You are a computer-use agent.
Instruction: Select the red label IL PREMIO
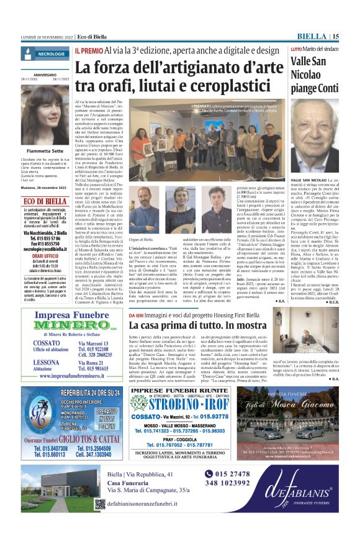88,49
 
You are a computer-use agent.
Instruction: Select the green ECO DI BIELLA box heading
47,201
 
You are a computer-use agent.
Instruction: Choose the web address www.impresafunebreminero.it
70,376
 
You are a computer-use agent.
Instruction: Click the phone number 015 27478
235,473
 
